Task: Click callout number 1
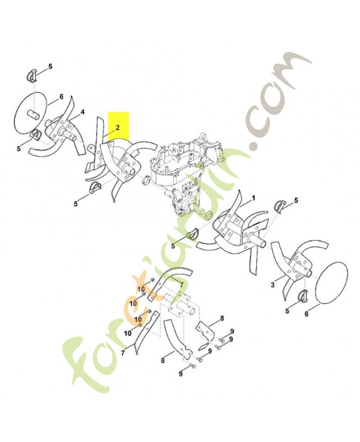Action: tap(253, 198)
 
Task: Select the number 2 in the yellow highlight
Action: tap(118, 128)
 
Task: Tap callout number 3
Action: tap(272, 285)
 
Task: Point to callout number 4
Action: tap(82, 112)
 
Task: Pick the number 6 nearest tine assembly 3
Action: tap(307, 313)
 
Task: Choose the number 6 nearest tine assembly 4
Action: tap(61, 97)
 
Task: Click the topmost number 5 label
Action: tap(50, 66)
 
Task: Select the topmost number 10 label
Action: tap(141, 290)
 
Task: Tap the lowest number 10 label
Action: tap(128, 333)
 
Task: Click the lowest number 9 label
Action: tap(181, 374)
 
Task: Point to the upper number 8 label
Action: tap(222, 318)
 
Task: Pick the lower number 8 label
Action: tap(163, 360)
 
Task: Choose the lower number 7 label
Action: tap(123, 352)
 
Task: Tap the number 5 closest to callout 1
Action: tap(296, 201)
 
